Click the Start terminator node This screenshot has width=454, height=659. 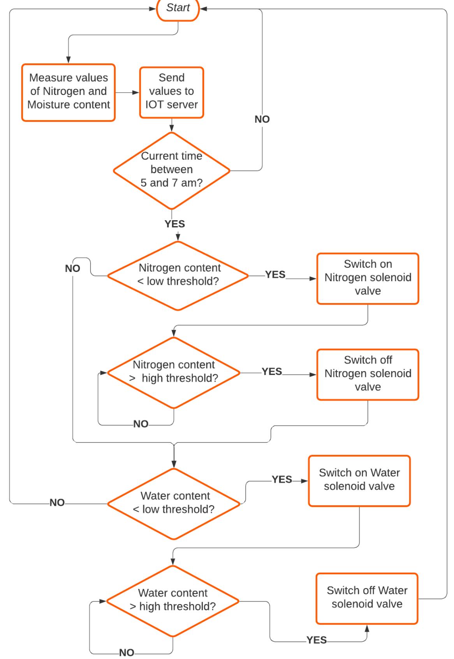coord(178,9)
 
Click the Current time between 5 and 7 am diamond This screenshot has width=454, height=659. coord(172,170)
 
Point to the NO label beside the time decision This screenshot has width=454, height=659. coord(262,119)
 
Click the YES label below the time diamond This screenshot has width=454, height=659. coord(175,224)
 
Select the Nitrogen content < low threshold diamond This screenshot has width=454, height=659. coord(178,276)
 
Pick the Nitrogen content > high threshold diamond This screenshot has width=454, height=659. coord(174,372)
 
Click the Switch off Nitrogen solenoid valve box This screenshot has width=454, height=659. coord(368,374)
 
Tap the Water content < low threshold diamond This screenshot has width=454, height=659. coord(174,503)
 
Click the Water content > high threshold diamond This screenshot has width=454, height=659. coord(172,601)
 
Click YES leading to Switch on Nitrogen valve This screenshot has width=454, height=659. coord(275,275)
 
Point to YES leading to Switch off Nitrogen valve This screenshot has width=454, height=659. coord(272,372)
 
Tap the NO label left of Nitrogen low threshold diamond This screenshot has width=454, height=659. coord(72,269)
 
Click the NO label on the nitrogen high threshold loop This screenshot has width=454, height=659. coord(141,424)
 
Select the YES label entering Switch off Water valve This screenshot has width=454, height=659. coord(317,640)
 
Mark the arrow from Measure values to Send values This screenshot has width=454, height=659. coord(127,93)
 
